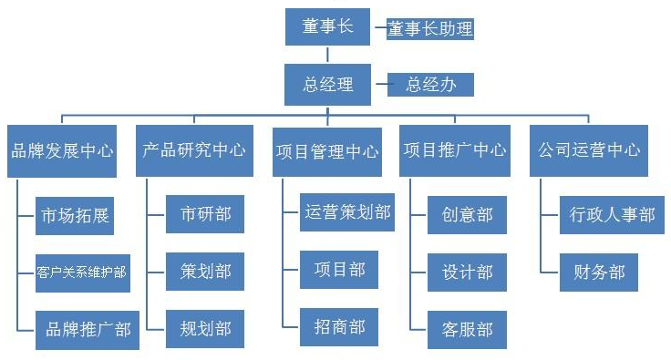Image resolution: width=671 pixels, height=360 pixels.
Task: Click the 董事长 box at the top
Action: click(x=327, y=27)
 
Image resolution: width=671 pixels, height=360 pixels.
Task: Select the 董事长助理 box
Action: click(x=430, y=29)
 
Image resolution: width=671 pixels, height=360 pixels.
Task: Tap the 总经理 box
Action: click(x=327, y=85)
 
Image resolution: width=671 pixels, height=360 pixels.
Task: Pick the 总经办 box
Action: click(x=430, y=86)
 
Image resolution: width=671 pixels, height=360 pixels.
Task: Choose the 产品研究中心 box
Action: click(x=194, y=150)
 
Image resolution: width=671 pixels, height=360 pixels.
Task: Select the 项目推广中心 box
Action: click(x=454, y=150)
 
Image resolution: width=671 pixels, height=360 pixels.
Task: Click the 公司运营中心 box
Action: click(x=588, y=150)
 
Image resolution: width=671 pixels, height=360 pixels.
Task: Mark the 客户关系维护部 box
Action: click(x=81, y=272)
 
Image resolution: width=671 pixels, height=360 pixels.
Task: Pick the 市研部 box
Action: click(x=205, y=215)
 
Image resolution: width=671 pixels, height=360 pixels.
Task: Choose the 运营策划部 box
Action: click(x=346, y=212)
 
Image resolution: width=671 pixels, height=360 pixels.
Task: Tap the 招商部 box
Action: click(x=338, y=325)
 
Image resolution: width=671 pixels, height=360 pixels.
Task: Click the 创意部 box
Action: click(x=467, y=215)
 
